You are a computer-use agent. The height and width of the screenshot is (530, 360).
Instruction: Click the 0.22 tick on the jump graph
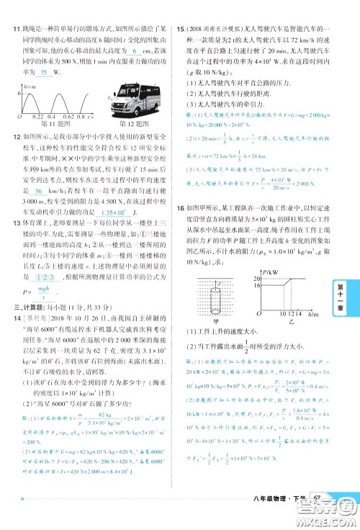[x=37, y=116]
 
